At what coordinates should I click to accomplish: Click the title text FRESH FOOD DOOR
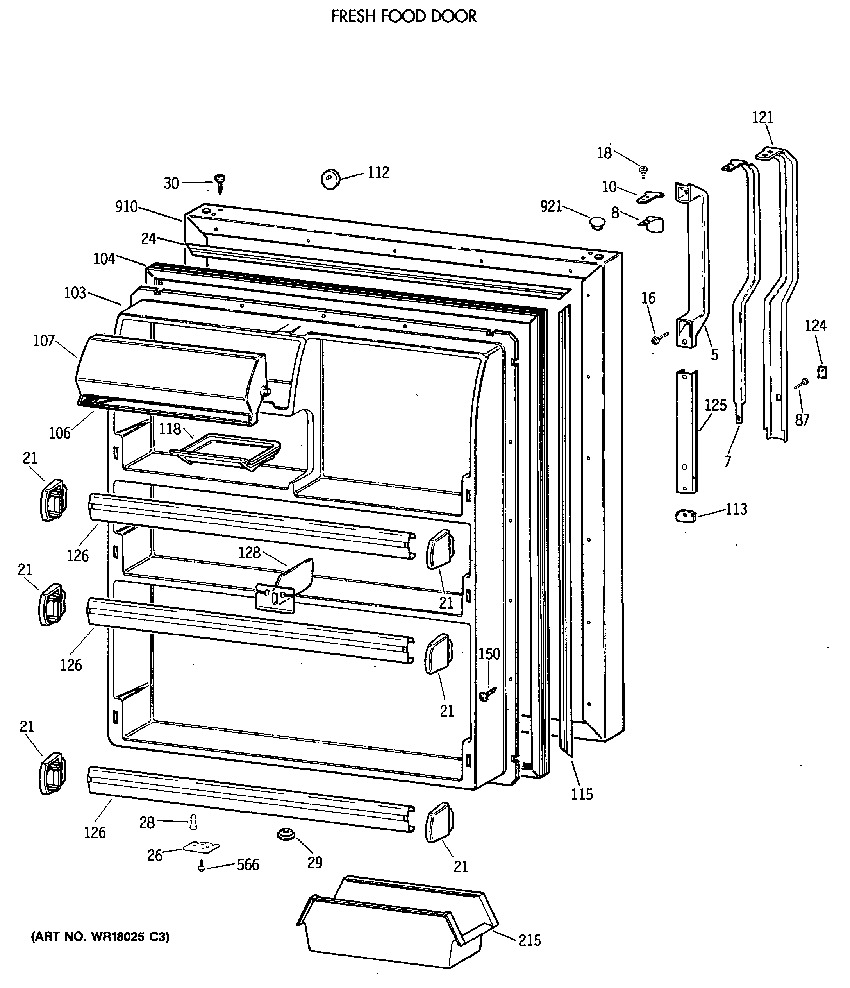(404, 17)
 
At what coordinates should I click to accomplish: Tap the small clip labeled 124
(822, 372)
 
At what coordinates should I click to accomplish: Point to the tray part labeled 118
(225, 450)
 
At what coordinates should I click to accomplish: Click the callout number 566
(248, 864)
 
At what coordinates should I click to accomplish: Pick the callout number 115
(582, 794)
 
